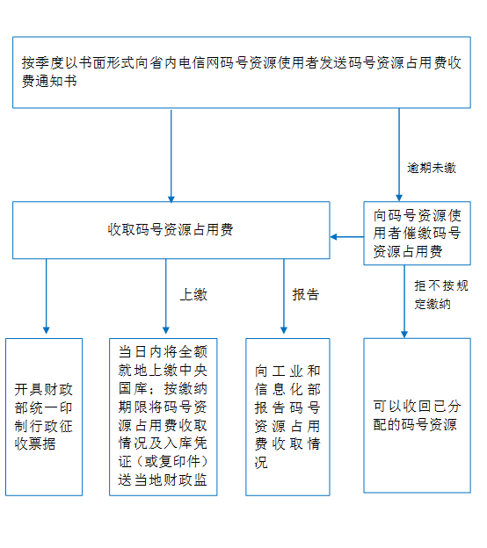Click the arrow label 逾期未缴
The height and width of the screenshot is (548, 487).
[x=432, y=168]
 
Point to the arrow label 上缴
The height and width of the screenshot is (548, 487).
[x=193, y=294]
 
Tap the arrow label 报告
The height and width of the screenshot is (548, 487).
[x=306, y=294]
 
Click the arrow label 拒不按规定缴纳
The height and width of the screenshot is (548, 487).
[x=441, y=294]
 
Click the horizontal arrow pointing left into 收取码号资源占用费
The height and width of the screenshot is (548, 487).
[x=347, y=237]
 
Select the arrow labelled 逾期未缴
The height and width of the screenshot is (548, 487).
[x=399, y=155]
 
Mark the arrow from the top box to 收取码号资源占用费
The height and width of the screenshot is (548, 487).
[x=171, y=155]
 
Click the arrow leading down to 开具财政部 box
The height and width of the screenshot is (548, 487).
[x=47, y=296]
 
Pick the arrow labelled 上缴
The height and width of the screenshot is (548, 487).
[x=166, y=296]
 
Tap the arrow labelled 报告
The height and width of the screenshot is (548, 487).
[x=284, y=296]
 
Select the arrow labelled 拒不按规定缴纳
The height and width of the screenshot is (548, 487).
[x=404, y=301]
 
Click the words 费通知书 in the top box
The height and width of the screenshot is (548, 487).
[x=49, y=81]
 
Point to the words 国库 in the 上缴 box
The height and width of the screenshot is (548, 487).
[x=132, y=388]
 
